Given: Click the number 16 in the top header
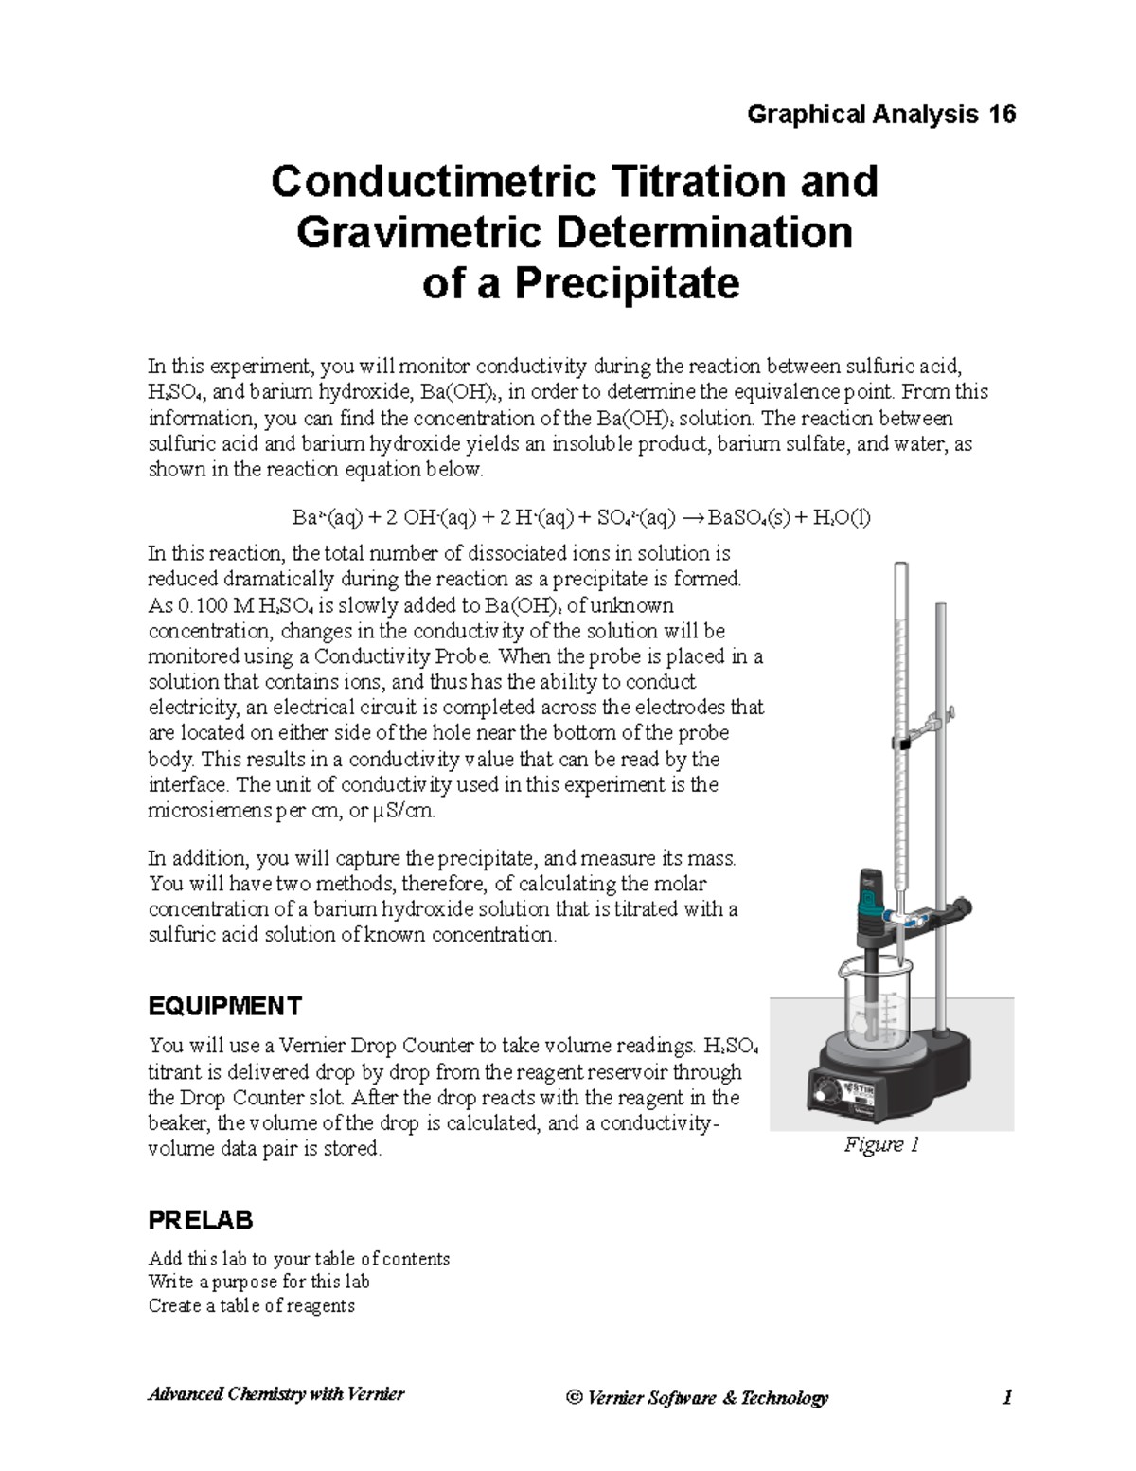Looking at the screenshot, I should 1002,115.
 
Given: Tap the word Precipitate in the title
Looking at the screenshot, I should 627,282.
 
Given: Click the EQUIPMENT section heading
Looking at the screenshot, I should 224,1005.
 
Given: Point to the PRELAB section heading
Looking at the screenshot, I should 201,1220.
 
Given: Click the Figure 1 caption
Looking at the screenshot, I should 881,1144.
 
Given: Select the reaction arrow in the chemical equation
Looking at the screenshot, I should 693,517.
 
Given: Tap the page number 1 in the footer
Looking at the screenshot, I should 1007,1397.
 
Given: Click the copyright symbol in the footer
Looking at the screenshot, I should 573,1398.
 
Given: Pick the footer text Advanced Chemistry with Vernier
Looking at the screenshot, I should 275,1394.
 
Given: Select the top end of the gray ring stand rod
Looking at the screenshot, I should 940,607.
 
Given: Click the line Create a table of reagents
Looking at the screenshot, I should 251,1305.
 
